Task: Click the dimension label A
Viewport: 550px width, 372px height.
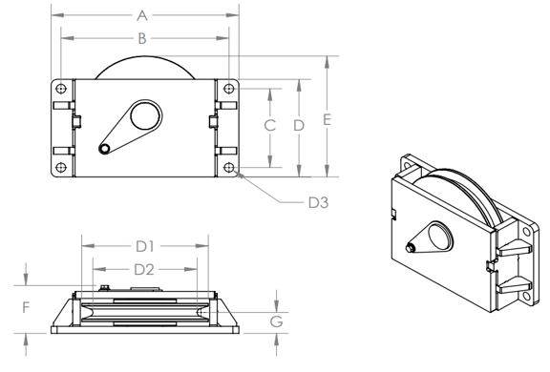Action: pos(141,16)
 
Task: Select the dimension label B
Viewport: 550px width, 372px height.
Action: pos(141,38)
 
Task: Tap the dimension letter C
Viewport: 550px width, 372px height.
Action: pos(269,125)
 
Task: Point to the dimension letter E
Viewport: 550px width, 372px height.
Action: pos(327,120)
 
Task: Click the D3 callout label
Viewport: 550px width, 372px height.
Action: pos(318,202)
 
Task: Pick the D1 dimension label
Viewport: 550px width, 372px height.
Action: pos(145,247)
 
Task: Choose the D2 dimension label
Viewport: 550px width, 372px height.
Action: pos(144,270)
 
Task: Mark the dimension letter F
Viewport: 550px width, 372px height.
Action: pos(26,307)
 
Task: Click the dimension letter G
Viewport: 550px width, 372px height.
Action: pos(276,321)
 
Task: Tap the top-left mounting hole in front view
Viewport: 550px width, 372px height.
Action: pos(61,89)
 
